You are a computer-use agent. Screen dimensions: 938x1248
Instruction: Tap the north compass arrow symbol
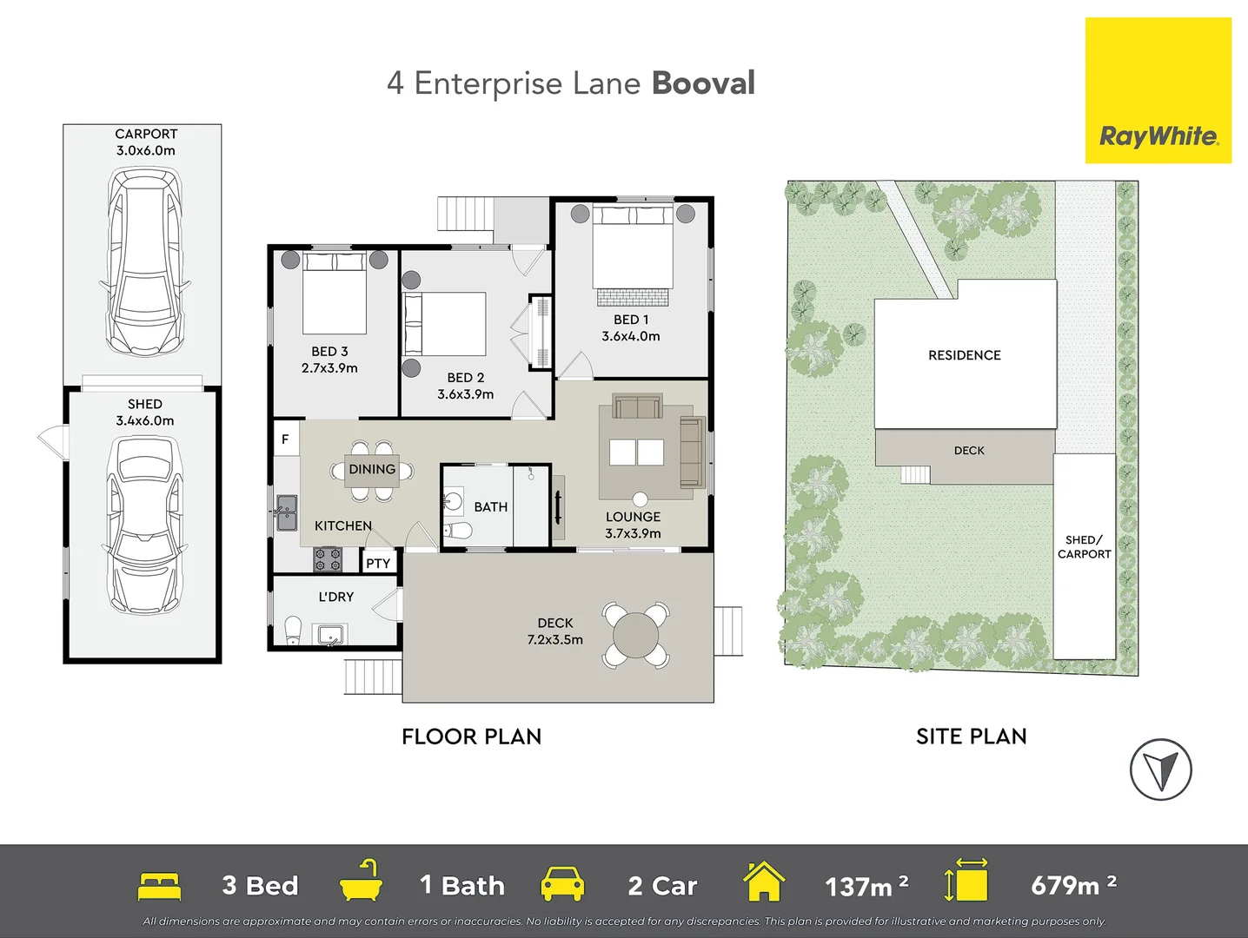[1160, 770]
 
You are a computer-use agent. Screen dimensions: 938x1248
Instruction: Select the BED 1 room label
[630, 320]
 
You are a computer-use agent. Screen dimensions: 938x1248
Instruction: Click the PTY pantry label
[378, 563]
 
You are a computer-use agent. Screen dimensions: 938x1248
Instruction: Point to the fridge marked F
[285, 439]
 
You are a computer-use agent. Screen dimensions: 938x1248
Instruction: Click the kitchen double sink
[286, 512]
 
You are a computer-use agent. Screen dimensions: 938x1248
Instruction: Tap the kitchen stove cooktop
[328, 559]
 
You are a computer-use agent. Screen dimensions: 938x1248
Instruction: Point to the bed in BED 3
[334, 295]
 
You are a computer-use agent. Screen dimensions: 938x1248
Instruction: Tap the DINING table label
[372, 469]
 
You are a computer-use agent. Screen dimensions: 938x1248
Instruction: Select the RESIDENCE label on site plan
[964, 355]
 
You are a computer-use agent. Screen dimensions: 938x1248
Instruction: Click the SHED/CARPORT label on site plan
[1084, 546]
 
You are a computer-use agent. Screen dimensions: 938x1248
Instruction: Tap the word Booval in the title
[703, 83]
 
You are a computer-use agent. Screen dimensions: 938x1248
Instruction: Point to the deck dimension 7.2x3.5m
[554, 639]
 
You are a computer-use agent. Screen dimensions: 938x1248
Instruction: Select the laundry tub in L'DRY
[330, 635]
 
